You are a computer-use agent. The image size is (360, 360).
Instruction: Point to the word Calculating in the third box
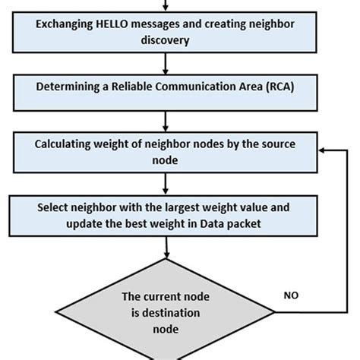[67, 144]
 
